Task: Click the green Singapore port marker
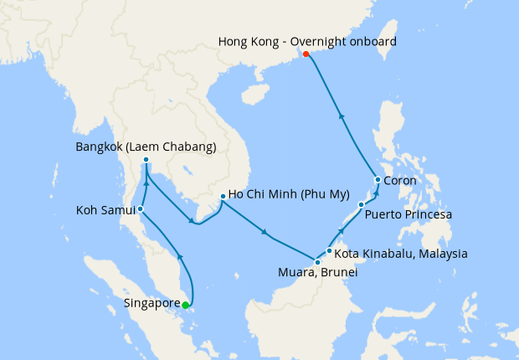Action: (185, 305)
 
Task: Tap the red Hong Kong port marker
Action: (306, 54)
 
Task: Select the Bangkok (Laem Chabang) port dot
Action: (146, 160)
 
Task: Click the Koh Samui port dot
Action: (141, 209)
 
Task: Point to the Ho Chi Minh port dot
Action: (222, 198)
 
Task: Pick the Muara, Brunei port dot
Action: (317, 263)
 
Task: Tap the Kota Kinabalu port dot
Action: (330, 250)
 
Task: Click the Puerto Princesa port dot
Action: (361, 204)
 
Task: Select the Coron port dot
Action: (378, 180)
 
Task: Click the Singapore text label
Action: (151, 302)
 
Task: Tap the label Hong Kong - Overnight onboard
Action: (307, 40)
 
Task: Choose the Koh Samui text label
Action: (105, 209)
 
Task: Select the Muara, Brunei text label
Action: (317, 274)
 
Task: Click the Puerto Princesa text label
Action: (409, 215)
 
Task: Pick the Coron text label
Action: (400, 180)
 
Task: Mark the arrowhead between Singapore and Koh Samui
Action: (180, 255)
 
